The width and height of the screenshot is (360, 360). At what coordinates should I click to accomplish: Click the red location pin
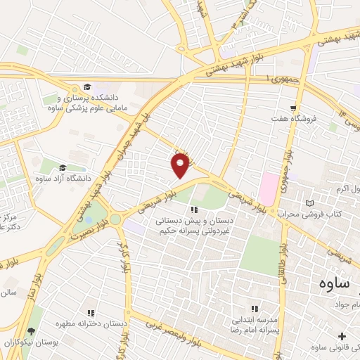(180, 165)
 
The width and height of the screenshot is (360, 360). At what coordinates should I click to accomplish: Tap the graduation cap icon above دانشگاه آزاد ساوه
(63, 167)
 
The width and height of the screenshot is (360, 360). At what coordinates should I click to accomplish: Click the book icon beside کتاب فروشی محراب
(310, 203)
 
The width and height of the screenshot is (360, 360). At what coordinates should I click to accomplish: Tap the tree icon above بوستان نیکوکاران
(30, 331)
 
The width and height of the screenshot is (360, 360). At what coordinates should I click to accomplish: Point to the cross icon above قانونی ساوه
(342, 337)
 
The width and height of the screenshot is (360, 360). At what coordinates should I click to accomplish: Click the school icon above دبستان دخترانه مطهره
(90, 313)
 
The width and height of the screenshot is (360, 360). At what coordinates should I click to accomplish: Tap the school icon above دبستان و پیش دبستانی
(195, 209)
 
